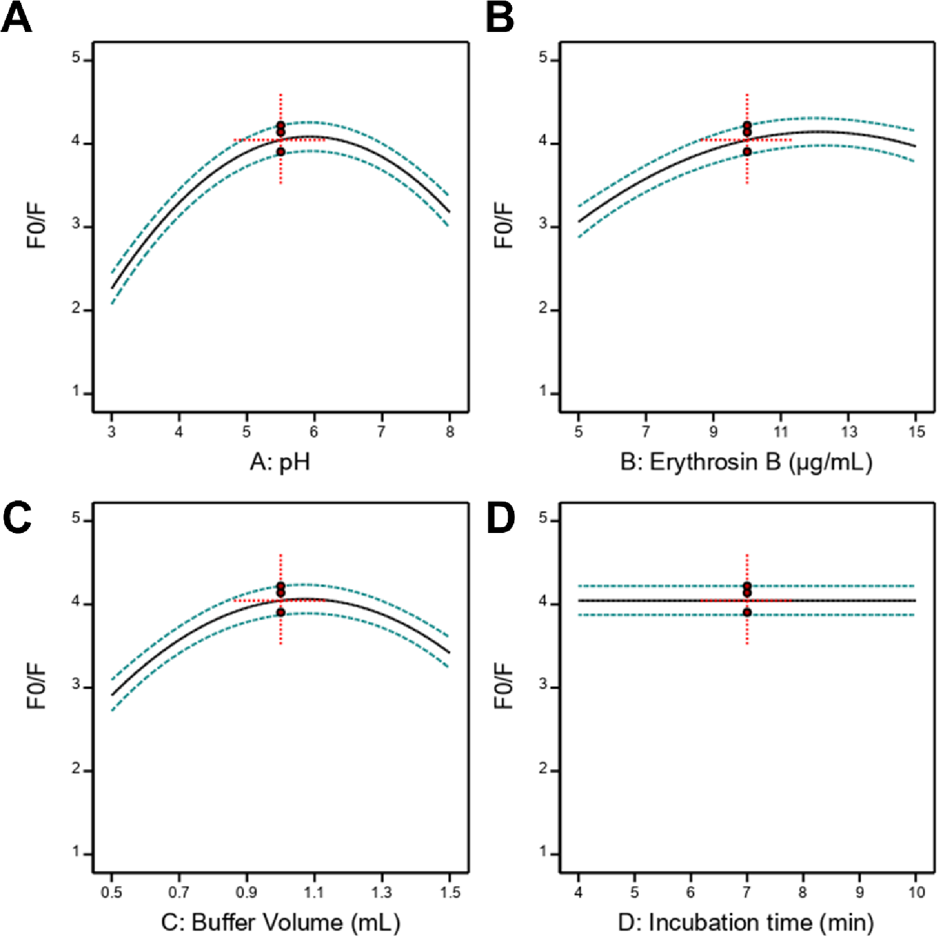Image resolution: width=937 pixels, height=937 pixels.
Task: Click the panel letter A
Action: (16, 18)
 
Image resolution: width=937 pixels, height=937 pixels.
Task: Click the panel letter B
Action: (500, 18)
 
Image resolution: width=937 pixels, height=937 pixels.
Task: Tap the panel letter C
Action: (17, 518)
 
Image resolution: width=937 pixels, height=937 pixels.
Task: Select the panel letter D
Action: (500, 518)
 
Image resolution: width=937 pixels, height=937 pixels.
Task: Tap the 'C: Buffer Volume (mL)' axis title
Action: (280, 922)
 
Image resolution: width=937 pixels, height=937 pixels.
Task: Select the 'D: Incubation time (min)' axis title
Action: (746, 922)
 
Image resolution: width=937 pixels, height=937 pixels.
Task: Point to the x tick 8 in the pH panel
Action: (450, 432)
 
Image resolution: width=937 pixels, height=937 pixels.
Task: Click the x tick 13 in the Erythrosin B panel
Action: (849, 432)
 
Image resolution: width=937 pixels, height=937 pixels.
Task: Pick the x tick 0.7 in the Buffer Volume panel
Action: (179, 892)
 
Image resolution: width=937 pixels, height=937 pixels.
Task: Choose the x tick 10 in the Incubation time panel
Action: (916, 892)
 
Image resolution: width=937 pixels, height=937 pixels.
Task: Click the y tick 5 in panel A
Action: (76, 58)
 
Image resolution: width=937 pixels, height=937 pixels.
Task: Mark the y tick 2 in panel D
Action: (543, 769)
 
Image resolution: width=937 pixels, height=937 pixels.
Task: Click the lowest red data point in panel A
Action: (281, 152)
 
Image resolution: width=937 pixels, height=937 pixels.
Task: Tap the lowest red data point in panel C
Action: (281, 612)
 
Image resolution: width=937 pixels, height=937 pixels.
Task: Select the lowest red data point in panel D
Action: (747, 612)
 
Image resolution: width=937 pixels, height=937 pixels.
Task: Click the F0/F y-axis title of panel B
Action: (504, 225)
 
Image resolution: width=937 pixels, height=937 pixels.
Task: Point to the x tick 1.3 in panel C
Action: (382, 892)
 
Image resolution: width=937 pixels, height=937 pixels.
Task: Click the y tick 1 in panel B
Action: (543, 392)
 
